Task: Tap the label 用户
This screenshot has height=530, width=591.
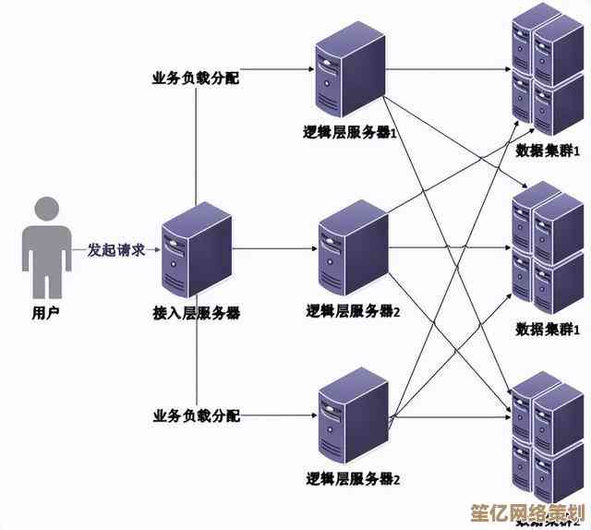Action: tap(45, 314)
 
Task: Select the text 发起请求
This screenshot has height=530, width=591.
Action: tap(115, 249)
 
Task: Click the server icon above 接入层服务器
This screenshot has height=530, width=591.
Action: tap(195, 252)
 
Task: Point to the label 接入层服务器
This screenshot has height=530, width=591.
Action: tap(196, 314)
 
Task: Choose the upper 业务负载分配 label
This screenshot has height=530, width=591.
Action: tap(196, 78)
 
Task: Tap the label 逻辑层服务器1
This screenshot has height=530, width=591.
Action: tap(352, 132)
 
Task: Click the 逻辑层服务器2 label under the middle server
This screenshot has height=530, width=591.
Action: tap(354, 311)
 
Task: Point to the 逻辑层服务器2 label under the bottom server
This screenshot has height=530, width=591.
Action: tap(354, 478)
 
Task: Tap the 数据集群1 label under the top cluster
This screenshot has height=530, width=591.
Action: tap(548, 150)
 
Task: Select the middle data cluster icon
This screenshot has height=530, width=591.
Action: tap(548, 247)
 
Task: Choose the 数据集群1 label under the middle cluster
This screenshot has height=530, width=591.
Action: tap(548, 329)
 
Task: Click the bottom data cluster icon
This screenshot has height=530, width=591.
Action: tap(548, 434)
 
